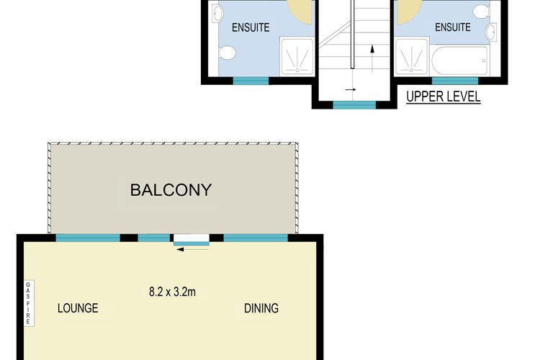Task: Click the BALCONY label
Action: point(171,190)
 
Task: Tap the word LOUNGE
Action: point(78,308)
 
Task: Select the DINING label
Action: point(261,308)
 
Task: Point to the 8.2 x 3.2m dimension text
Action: point(172,292)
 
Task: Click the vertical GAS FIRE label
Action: point(28,303)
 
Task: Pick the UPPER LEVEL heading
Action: point(444,96)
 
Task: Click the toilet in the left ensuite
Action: point(228,53)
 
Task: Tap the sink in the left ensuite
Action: point(217,14)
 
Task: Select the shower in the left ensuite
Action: point(297,56)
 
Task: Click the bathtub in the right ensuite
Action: point(460,60)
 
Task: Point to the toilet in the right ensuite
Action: point(482,12)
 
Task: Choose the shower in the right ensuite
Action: point(412,56)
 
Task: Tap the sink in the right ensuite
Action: point(492,32)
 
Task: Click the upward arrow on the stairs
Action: point(372,58)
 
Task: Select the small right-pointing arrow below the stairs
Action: point(351,89)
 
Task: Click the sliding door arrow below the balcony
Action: point(193,249)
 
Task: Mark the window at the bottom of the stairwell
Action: point(354,104)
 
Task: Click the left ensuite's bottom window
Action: point(251,81)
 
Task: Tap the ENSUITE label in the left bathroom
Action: point(251,27)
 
